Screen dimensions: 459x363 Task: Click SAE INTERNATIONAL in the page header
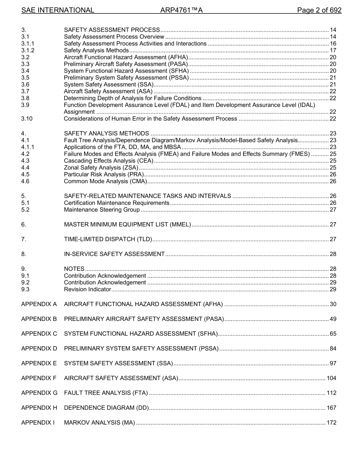point(58,10)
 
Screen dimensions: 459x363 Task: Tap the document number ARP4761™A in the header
point(181,10)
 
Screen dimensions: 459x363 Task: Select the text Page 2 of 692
point(319,10)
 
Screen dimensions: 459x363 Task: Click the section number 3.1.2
point(28,50)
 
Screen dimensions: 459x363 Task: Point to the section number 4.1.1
point(28,147)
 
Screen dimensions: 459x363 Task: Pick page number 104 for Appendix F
point(331,378)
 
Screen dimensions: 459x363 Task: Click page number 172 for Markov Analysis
point(331,423)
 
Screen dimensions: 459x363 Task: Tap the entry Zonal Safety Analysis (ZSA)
point(101,168)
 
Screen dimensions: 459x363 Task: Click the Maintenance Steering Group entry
point(102,210)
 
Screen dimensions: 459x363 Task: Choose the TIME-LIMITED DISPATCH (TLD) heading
point(108,239)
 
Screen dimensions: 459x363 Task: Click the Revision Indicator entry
point(87,290)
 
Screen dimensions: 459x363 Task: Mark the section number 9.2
point(25,283)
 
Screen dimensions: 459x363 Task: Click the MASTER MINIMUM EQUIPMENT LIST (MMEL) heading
point(127,225)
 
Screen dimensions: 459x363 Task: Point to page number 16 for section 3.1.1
point(333,44)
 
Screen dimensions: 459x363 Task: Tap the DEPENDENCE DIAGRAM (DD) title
point(106,408)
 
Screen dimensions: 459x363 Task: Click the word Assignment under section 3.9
point(79,112)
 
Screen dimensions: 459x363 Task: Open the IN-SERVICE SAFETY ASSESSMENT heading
point(114,254)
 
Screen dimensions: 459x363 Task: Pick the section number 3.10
point(27,119)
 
